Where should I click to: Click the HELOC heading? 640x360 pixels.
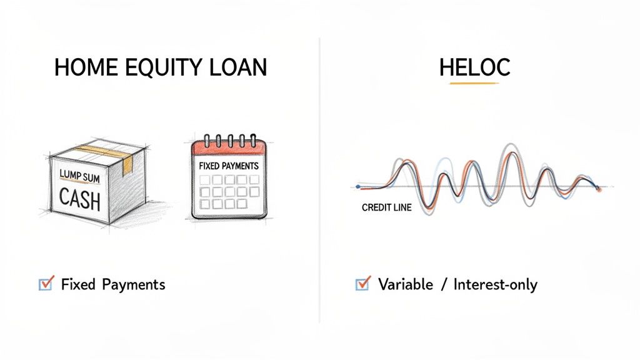click(474, 67)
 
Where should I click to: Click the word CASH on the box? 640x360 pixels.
click(80, 199)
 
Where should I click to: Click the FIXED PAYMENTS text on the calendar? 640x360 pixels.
click(228, 167)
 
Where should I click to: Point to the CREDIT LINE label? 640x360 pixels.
click(386, 207)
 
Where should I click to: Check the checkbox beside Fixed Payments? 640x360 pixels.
click(46, 284)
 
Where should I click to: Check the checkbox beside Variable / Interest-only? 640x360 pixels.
click(362, 284)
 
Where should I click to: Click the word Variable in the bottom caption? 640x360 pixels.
click(405, 285)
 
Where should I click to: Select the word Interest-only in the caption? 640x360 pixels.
click(495, 285)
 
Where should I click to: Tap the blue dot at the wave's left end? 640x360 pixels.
click(357, 186)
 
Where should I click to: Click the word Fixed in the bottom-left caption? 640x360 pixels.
click(78, 285)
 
